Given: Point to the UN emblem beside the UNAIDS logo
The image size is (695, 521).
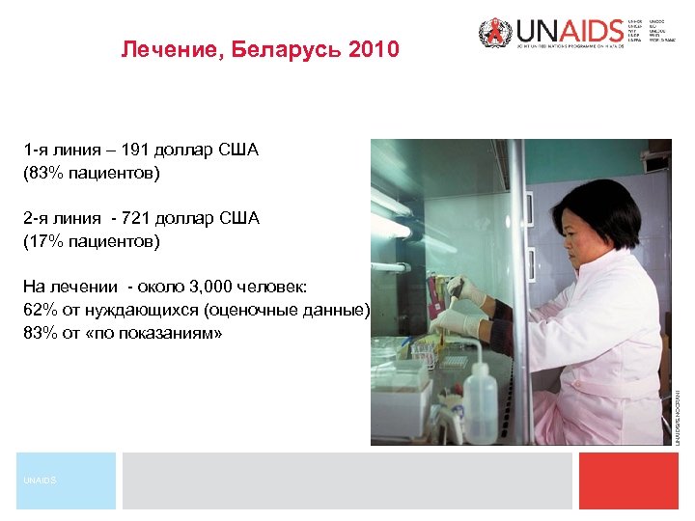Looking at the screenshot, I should (x=493, y=34).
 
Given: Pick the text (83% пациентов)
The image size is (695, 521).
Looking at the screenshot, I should (x=92, y=174).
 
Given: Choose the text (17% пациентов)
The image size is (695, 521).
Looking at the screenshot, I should (x=92, y=240).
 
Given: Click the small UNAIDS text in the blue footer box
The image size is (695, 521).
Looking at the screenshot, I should (x=41, y=480).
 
